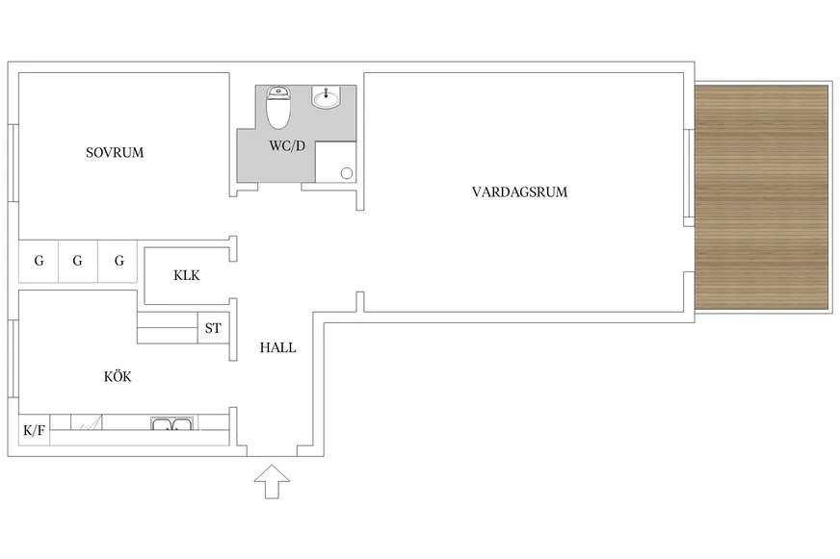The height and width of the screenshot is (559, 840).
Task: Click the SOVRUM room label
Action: (x=115, y=152)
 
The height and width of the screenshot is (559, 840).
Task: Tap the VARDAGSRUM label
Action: (x=519, y=191)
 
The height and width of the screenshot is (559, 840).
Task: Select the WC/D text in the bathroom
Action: (x=286, y=146)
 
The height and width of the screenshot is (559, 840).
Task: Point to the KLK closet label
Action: (x=186, y=275)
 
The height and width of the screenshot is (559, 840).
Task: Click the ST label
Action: (x=213, y=328)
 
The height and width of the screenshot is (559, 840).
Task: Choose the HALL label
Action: (x=277, y=348)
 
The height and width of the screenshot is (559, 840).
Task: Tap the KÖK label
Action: (x=118, y=377)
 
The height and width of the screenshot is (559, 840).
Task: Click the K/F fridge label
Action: (x=34, y=430)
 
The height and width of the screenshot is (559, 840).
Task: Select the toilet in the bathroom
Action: (x=278, y=108)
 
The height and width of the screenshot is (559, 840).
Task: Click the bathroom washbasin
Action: (x=328, y=97)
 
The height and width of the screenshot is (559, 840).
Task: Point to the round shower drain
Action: (x=346, y=173)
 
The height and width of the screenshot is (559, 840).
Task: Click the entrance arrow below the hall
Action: (x=273, y=480)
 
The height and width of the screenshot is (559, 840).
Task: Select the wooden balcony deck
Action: (x=762, y=196)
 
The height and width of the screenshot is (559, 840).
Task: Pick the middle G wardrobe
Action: (x=78, y=261)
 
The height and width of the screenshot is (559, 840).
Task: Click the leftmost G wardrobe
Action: (x=39, y=261)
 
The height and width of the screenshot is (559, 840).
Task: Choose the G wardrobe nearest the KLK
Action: (x=118, y=261)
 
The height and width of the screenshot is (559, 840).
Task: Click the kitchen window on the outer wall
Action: (x=13, y=359)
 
